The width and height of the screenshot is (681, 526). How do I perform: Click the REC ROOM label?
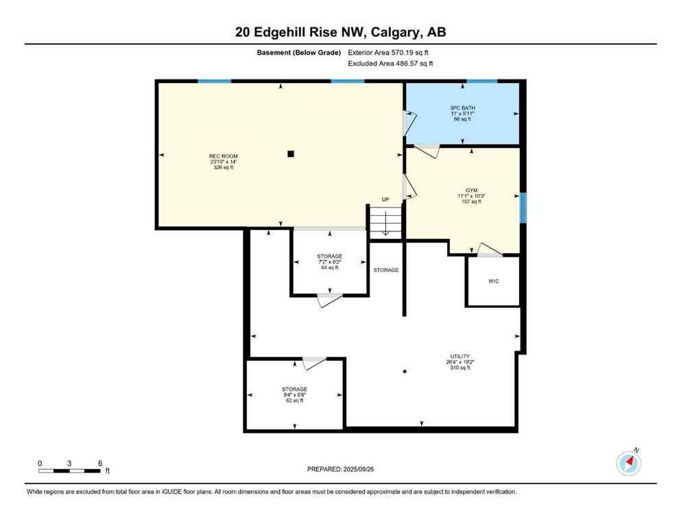tap(224, 162)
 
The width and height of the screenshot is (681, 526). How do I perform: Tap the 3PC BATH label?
tap(463, 113)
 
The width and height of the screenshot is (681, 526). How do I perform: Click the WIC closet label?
tap(493, 281)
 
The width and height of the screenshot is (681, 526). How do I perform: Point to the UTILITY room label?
tap(459, 362)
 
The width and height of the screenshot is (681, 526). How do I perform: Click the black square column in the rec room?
tap(291, 154)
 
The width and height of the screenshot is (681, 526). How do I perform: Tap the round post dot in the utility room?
tap(405, 371)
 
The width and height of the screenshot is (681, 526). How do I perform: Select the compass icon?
tap(628, 463)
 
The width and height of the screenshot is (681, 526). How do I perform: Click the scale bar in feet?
tap(69, 471)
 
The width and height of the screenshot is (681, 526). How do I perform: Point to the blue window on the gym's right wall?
tap(523, 208)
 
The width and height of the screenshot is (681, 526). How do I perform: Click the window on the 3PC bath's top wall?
tap(481, 82)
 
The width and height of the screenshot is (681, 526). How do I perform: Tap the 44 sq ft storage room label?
tap(329, 262)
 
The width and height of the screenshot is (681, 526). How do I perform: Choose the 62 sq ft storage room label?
tap(294, 394)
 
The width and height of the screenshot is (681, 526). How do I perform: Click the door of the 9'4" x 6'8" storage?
tap(314, 362)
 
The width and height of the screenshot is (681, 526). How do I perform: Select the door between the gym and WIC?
tap(490, 251)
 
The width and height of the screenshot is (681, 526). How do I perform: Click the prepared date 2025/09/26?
tap(340, 469)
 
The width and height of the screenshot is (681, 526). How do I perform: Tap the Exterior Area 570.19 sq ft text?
tap(390, 52)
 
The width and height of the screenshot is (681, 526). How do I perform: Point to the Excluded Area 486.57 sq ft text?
tap(390, 64)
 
